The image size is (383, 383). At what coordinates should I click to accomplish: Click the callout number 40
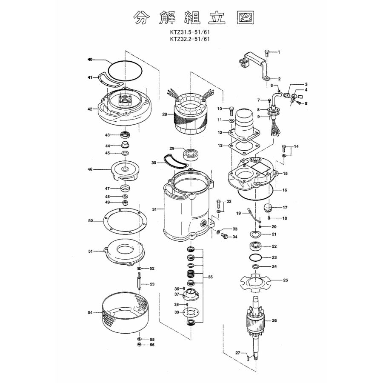coord(90,59)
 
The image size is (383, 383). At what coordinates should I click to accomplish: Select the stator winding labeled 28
coord(192,114)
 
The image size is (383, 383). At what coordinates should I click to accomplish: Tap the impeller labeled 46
coord(125,170)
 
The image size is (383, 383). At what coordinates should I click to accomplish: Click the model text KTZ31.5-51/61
coord(190,32)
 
